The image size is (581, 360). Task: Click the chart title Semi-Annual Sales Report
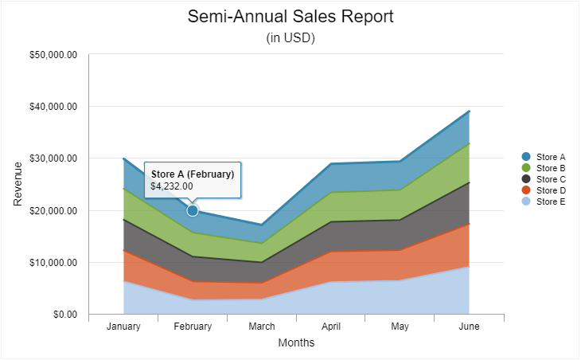[290, 17]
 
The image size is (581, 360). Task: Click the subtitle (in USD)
[290, 38]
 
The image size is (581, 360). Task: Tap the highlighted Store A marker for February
[193, 210]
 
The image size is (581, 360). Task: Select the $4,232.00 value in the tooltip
[172, 186]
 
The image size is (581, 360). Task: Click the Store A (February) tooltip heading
[193, 174]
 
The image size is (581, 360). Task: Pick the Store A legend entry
[550, 157]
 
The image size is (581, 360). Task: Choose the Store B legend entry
[550, 168]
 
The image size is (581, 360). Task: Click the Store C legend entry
[550, 179]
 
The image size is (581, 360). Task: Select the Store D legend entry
[550, 190]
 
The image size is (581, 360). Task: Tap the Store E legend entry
[550, 202]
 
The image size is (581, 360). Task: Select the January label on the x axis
[123, 327]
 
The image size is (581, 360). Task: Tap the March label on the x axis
[262, 327]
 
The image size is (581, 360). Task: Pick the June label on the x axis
[469, 327]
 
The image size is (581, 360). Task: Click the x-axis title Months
[296, 343]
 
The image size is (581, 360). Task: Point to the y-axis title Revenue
[18, 184]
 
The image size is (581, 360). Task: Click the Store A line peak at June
[469, 112]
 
